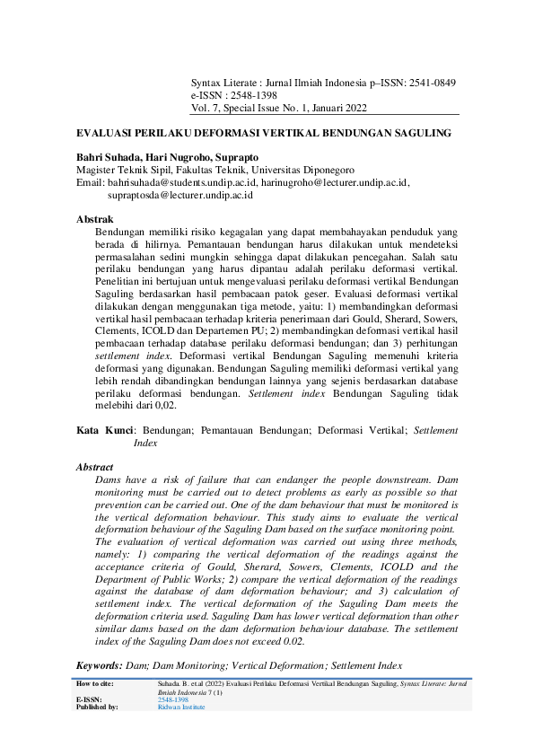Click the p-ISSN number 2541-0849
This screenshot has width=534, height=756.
pyautogui.click(x=433, y=83)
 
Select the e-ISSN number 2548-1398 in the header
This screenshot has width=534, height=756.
pyautogui.click(x=254, y=95)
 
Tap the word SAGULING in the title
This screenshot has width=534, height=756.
pyautogui.click(x=411, y=133)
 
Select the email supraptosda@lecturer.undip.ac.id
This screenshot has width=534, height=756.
pyautogui.click(x=179, y=194)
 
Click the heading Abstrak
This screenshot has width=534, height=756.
pyautogui.click(x=94, y=219)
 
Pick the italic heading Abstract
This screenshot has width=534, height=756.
pyautogui.click(x=95, y=468)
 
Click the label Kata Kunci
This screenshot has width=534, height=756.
pyautogui.click(x=102, y=431)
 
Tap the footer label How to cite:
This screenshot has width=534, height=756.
pyautogui.click(x=96, y=684)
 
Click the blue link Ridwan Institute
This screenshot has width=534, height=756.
pyautogui.click(x=181, y=707)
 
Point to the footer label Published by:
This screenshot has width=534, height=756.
pyautogui.click(x=97, y=707)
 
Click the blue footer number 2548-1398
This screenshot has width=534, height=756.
pyautogui.click(x=173, y=699)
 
